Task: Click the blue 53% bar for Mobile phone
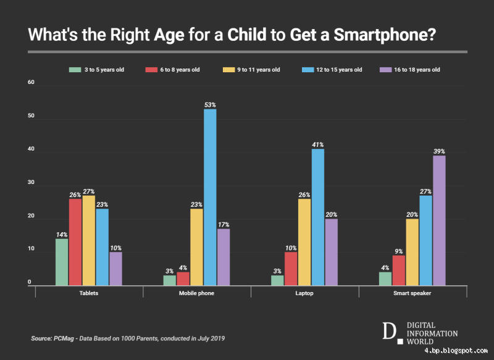click(x=210, y=197)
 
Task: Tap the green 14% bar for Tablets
click(x=62, y=262)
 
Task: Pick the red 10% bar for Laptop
click(x=291, y=269)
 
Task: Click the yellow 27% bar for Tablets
click(x=89, y=240)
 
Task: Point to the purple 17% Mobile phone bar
click(x=224, y=257)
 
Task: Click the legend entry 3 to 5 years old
click(x=98, y=70)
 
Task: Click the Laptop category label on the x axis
click(x=304, y=293)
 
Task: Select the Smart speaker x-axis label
click(x=412, y=293)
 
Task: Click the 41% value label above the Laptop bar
click(x=318, y=144)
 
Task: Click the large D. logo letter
click(x=388, y=332)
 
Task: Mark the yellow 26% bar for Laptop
click(x=304, y=242)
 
